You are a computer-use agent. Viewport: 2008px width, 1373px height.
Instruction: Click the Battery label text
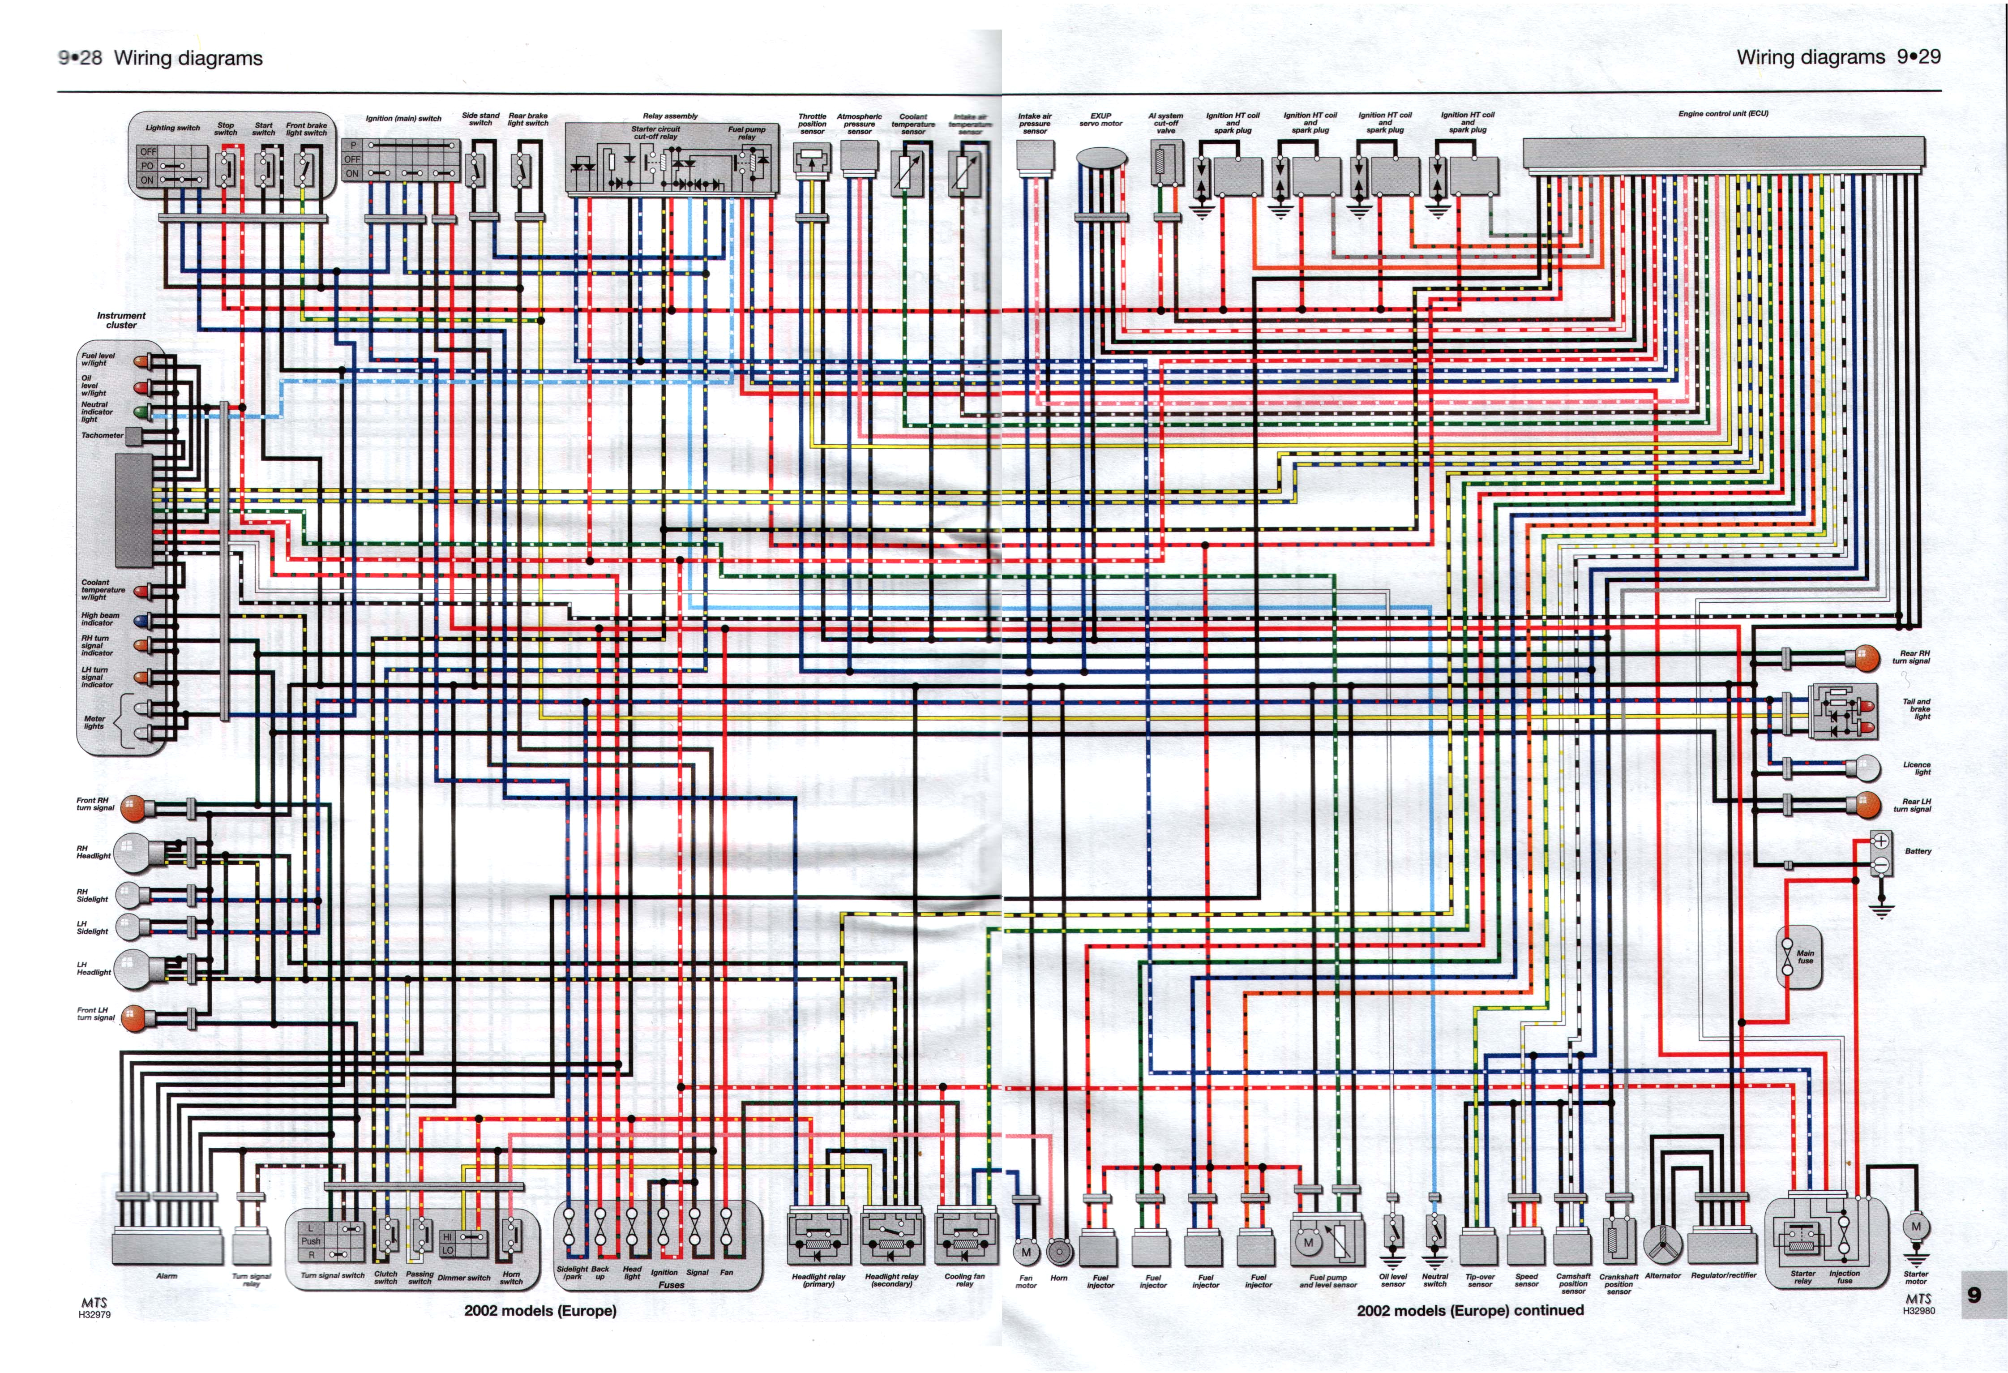coord(1917,851)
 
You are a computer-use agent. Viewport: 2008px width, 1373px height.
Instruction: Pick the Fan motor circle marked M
coord(1026,1251)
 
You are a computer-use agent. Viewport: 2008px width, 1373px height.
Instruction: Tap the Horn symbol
coord(1058,1251)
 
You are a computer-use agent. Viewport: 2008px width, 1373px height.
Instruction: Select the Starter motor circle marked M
coord(1916,1226)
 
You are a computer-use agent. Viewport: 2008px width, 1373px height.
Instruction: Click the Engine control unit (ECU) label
coord(1723,113)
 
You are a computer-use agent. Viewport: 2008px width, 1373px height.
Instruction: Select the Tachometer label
coord(102,435)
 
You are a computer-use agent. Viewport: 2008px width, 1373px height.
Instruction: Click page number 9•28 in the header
coord(80,58)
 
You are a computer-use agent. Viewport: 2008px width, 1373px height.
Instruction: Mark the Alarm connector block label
coord(166,1275)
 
